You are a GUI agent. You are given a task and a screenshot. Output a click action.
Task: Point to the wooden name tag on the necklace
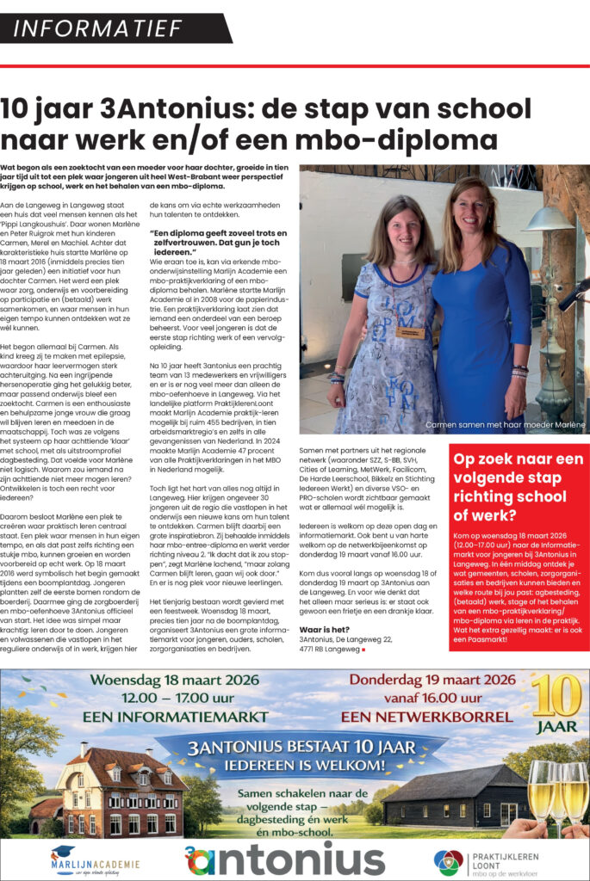(411, 331)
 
